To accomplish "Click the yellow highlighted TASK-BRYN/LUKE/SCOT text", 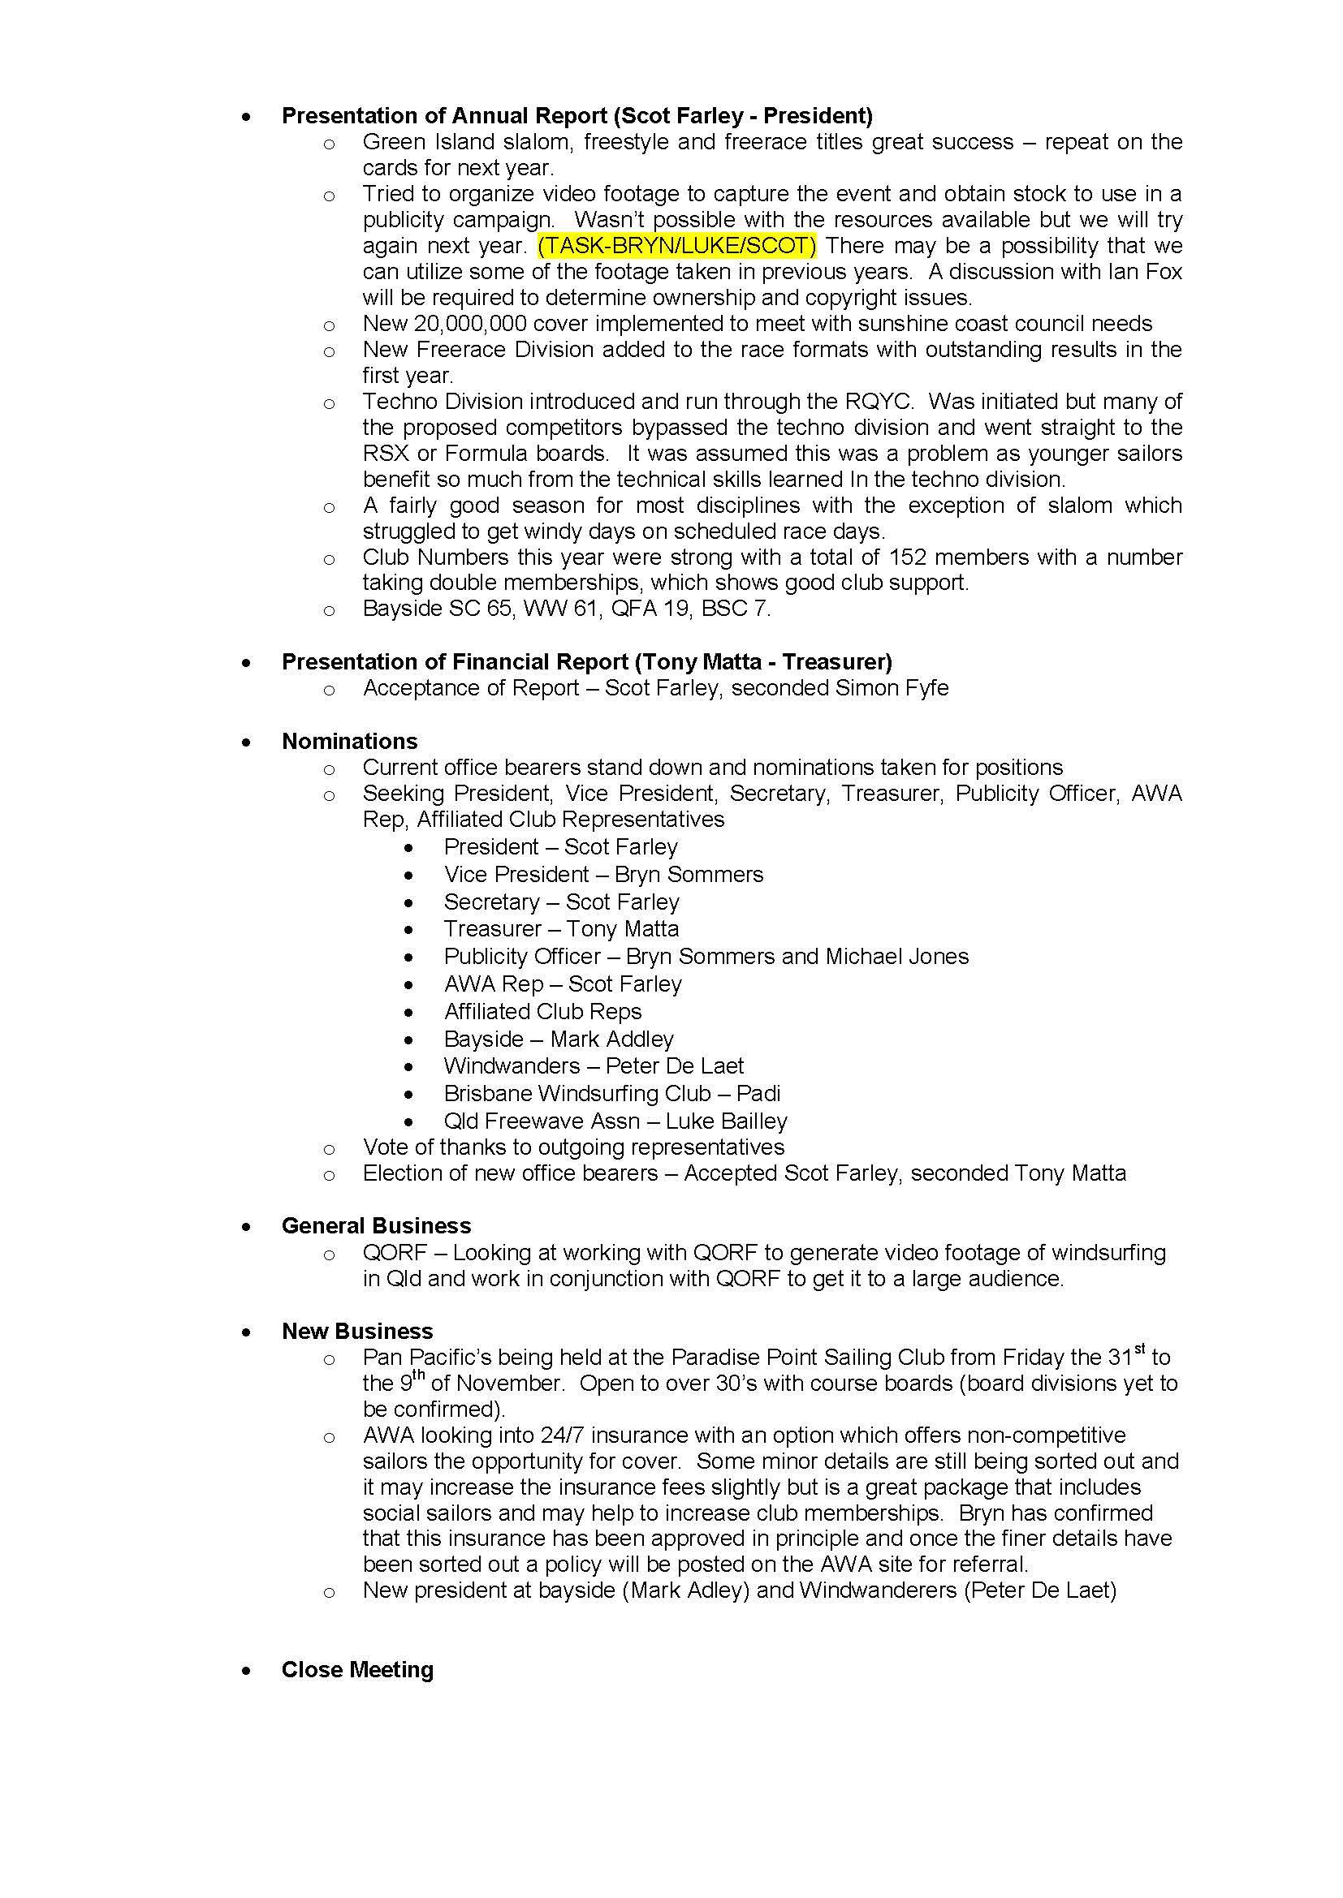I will click(676, 246).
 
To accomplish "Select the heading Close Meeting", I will click(357, 1669).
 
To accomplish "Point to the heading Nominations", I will click(350, 741).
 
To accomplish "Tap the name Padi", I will click(758, 1094).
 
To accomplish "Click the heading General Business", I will click(376, 1225).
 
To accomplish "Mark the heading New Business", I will click(357, 1331).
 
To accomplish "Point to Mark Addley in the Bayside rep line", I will click(612, 1039).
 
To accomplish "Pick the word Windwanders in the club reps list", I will click(512, 1066).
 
